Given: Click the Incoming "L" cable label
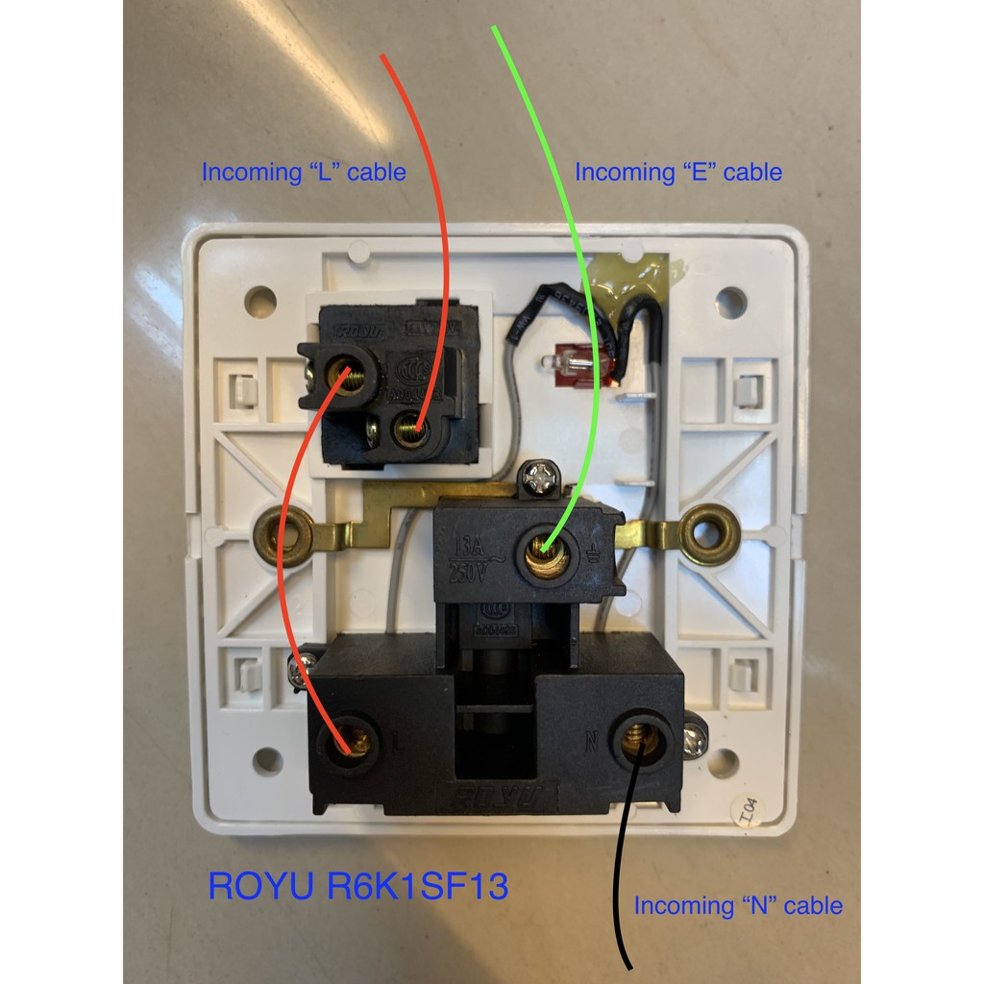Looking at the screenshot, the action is [303, 173].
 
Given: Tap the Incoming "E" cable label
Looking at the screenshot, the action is [677, 173].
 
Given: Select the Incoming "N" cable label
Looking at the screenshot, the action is [738, 905].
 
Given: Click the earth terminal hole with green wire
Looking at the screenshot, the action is [544, 551].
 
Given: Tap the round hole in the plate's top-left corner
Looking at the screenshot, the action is [259, 302].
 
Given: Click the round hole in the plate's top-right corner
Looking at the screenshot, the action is [730, 302].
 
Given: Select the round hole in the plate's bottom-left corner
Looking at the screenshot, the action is [267, 762].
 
